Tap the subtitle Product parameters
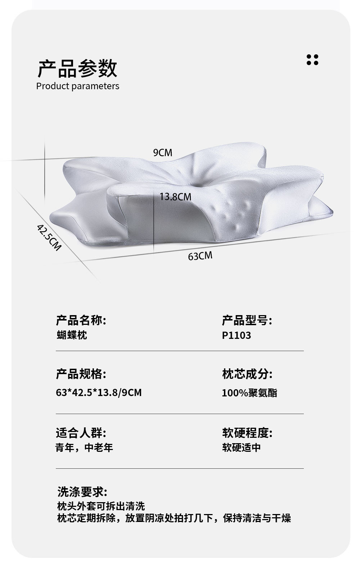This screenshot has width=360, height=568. click(x=78, y=86)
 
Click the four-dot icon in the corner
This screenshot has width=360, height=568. click(x=312, y=60)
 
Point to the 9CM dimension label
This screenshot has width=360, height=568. click(x=163, y=153)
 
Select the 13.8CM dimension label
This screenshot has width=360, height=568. click(x=175, y=197)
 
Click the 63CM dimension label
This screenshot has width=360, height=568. click(x=200, y=256)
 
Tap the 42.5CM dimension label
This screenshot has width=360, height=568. click(x=49, y=237)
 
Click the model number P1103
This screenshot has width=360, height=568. click(x=236, y=336)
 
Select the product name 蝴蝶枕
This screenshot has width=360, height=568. click(x=72, y=336)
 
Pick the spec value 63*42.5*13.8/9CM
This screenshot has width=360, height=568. click(x=99, y=392)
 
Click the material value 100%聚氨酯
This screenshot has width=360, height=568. click(x=249, y=393)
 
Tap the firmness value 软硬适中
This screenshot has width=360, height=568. click(x=241, y=448)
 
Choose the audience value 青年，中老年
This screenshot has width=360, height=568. click(x=84, y=448)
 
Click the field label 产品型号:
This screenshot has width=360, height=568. click(x=247, y=320)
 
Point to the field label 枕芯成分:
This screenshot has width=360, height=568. click(x=247, y=374)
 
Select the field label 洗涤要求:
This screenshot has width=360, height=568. click(x=82, y=492)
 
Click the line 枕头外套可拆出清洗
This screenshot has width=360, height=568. click(x=101, y=506)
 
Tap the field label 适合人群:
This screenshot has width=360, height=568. click(x=81, y=432)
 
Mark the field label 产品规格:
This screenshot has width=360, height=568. click(x=81, y=374)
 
